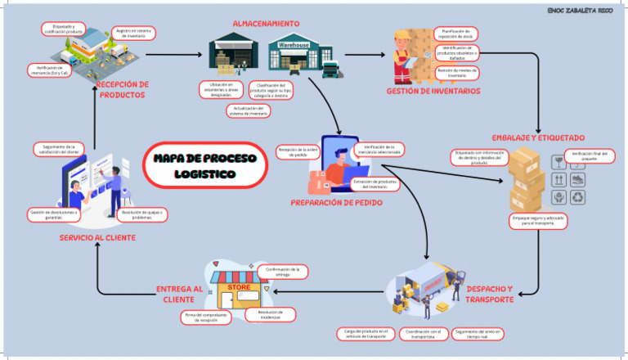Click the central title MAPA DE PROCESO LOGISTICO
(x=204, y=166)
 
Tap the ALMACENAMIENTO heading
(x=266, y=23)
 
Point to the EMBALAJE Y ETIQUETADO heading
(x=538, y=137)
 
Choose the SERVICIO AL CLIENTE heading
(x=97, y=238)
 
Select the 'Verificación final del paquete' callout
(x=590, y=155)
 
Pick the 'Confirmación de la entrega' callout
(x=282, y=272)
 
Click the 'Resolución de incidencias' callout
(x=270, y=314)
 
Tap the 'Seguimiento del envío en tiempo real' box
(x=478, y=334)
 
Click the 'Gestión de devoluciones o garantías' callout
(x=54, y=214)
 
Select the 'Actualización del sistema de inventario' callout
(x=249, y=110)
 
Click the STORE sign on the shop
(x=239, y=287)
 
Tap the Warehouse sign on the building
(x=294, y=45)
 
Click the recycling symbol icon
(x=578, y=198)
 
